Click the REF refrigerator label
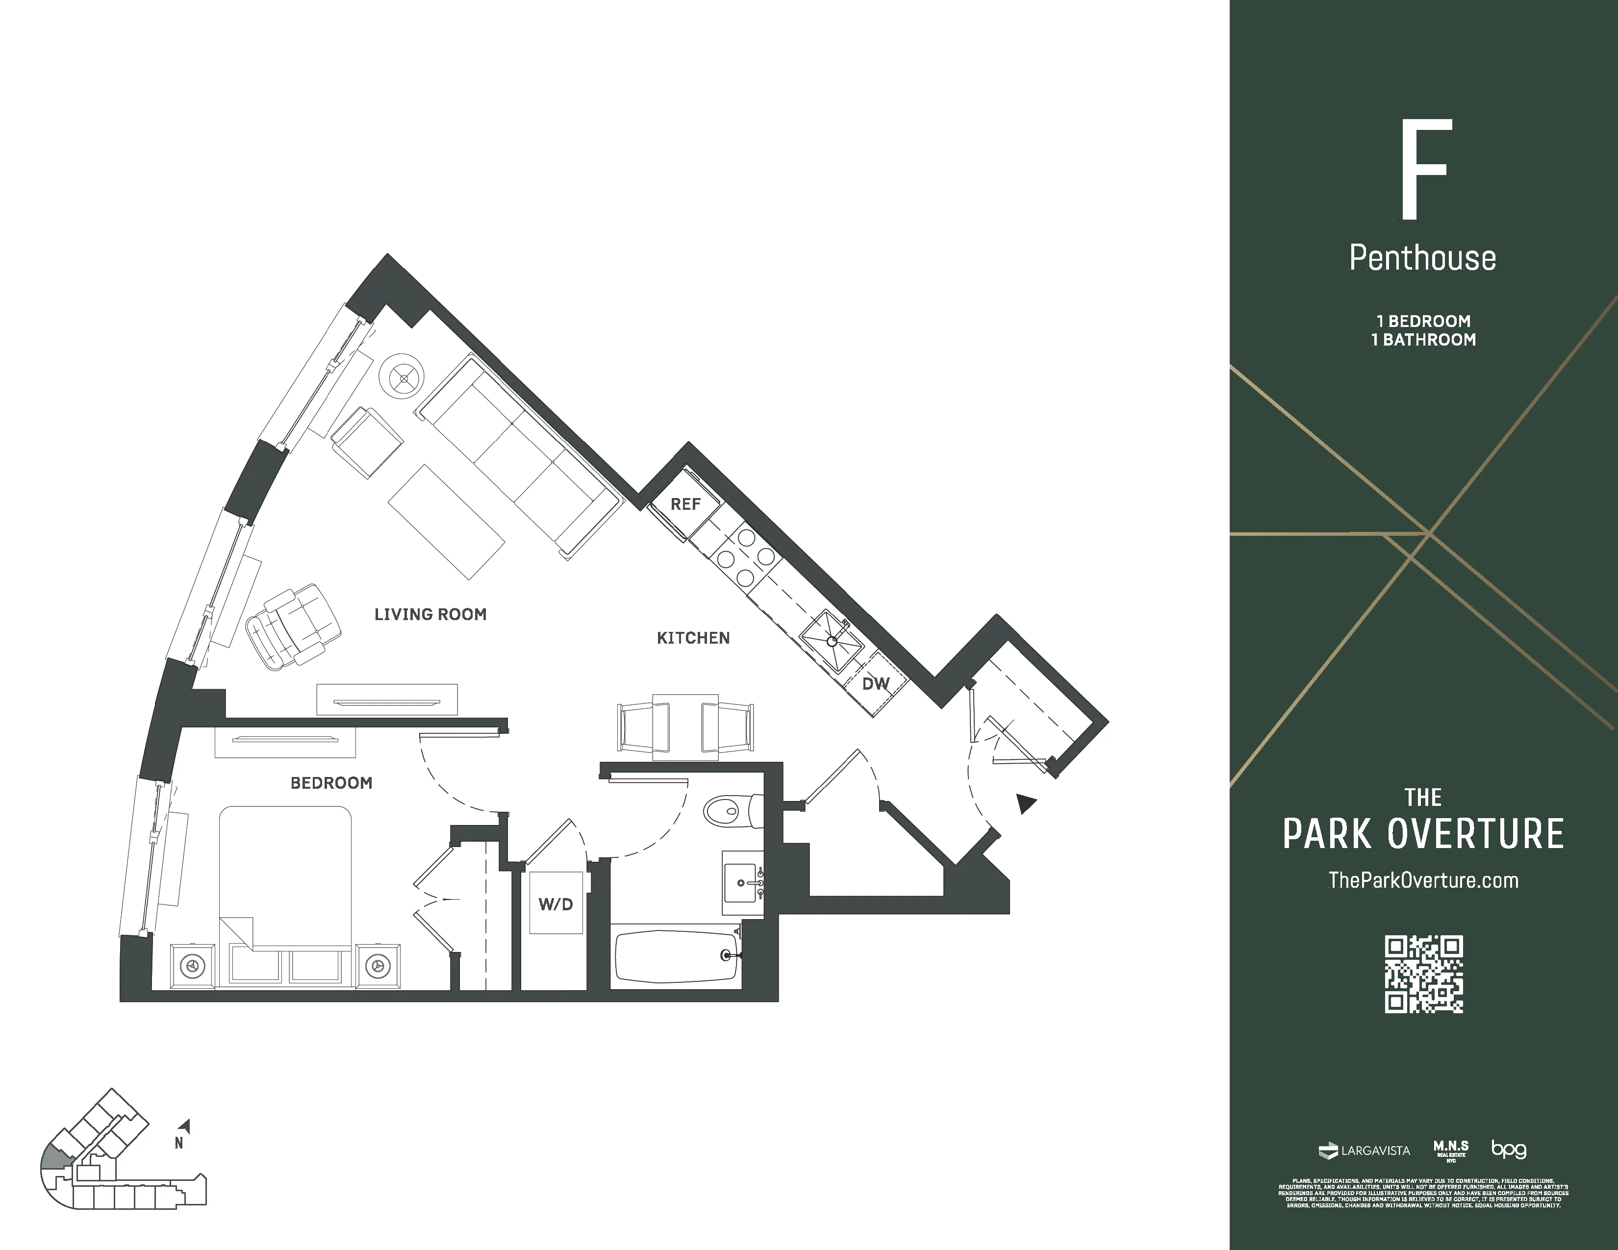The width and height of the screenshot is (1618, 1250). [685, 504]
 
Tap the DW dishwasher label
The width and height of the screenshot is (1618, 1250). [876, 683]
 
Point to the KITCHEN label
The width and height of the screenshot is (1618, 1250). [693, 638]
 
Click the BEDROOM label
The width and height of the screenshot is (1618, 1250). [331, 783]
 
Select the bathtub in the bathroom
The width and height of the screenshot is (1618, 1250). [676, 957]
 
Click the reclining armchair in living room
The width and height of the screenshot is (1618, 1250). [291, 626]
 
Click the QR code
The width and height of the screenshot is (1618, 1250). [1423, 975]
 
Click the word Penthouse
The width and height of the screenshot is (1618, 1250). [1422, 258]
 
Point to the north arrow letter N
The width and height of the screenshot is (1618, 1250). [178, 1143]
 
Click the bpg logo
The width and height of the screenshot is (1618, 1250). [1508, 1150]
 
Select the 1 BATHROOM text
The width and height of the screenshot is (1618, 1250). [1423, 340]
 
